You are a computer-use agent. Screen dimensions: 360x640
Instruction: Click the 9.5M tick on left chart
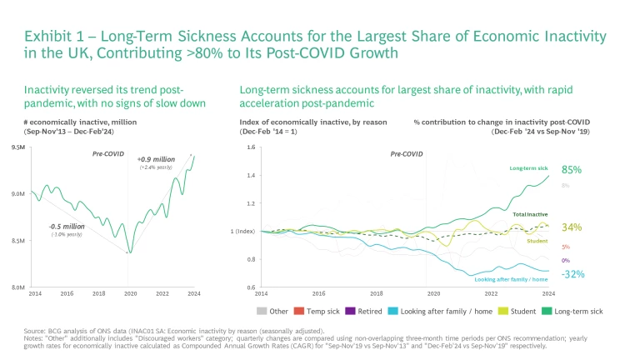(x=19, y=147)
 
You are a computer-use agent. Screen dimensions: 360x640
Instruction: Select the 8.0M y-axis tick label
(x=19, y=287)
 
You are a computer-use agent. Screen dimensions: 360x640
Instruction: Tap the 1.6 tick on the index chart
(x=250, y=147)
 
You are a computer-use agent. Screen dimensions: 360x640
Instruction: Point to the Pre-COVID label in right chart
(x=407, y=154)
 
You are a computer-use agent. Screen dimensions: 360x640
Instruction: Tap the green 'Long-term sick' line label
(x=528, y=169)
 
